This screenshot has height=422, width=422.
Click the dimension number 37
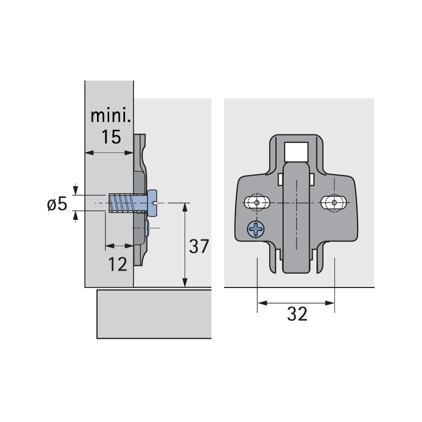click(199, 246)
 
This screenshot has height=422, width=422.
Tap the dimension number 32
click(297, 314)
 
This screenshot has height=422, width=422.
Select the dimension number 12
click(118, 264)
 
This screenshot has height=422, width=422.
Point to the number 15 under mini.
click(111, 137)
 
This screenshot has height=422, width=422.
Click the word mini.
click(111, 116)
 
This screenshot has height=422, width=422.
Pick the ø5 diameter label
click(57, 204)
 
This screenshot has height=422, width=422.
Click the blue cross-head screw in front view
click(256, 229)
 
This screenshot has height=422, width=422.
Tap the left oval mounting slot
click(257, 203)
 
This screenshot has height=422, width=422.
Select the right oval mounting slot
click(334, 203)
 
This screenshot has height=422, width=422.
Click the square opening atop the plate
click(296, 152)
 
